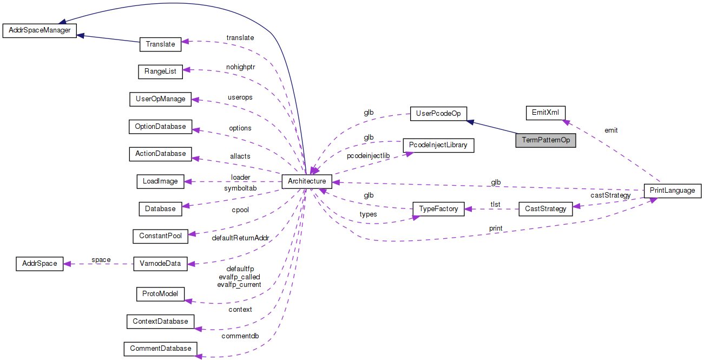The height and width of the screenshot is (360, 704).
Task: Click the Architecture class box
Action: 306,181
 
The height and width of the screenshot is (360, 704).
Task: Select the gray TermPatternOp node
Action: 545,140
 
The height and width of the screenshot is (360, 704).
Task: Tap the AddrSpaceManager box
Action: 40,30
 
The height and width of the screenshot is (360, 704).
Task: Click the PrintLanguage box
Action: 673,191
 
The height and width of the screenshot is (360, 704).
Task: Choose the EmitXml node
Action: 545,113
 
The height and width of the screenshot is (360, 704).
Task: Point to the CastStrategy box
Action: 545,208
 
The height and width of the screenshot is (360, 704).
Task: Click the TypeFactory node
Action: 438,208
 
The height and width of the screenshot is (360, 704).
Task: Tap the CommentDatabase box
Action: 160,348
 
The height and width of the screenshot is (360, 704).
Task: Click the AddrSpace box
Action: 40,264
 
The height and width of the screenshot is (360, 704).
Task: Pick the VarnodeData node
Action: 160,264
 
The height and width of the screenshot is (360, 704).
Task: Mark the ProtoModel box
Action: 160,294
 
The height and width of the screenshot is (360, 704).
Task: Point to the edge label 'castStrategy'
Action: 610,195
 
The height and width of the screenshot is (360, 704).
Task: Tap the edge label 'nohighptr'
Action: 240,67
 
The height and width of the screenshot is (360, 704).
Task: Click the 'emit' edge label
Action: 611,130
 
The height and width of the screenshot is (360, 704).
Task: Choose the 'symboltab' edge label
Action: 240,188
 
